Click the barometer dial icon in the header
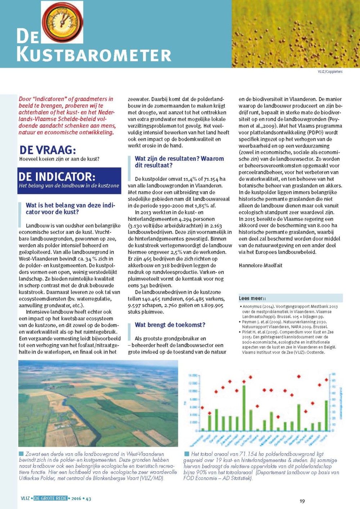(62, 21)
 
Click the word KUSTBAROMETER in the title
(94, 55)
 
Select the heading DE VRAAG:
(48, 150)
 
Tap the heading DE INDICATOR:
(57, 177)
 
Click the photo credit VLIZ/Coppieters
(330, 72)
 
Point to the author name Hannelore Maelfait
(260, 265)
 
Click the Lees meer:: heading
(252, 298)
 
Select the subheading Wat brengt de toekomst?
(170, 325)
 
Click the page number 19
(302, 501)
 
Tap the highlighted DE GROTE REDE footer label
(50, 498)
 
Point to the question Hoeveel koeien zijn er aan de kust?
(59, 159)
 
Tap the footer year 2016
(76, 499)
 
